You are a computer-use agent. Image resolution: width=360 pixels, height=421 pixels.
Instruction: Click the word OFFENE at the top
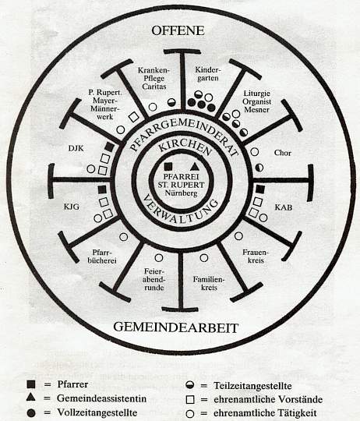click(178, 30)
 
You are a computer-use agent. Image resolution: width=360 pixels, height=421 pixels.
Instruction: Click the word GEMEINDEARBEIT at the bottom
click(176, 327)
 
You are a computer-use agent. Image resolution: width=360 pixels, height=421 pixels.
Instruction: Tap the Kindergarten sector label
click(206, 74)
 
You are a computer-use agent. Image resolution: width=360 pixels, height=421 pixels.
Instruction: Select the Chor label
click(283, 153)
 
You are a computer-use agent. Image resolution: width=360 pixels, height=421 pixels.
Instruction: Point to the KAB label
click(284, 207)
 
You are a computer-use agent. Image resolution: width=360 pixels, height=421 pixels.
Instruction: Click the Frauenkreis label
click(256, 256)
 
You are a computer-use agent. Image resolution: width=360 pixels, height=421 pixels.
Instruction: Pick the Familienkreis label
click(208, 284)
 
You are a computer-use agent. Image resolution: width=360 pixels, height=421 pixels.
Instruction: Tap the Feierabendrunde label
click(154, 279)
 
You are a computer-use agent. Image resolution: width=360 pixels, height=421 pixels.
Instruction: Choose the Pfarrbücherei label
click(102, 256)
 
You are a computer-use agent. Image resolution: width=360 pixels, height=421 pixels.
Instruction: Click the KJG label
click(72, 207)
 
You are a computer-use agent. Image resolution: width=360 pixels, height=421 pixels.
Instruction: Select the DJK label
click(76, 148)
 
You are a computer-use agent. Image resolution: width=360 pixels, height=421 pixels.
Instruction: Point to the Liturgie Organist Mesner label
click(256, 101)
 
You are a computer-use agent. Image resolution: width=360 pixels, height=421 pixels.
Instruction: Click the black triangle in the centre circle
click(195, 167)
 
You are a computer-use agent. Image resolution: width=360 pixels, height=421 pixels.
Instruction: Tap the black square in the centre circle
click(168, 167)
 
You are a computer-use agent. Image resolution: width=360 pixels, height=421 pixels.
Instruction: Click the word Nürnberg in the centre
click(181, 193)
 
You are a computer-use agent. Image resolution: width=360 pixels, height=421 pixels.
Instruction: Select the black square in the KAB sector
click(259, 189)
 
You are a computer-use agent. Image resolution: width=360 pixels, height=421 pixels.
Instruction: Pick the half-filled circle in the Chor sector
click(259, 168)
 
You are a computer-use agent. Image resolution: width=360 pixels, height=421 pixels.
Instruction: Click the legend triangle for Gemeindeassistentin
click(31, 397)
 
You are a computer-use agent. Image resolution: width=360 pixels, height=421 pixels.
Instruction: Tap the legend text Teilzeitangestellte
click(252, 386)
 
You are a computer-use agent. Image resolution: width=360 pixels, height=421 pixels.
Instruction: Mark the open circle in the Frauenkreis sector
click(238, 236)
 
